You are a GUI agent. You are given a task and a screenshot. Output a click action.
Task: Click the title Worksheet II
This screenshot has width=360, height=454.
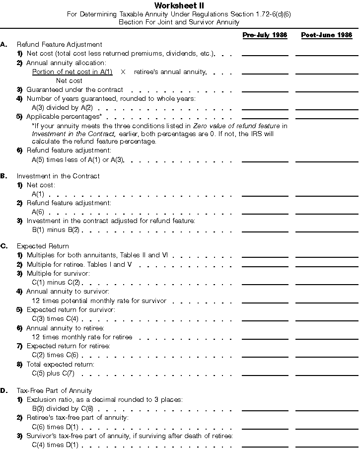click(179, 5)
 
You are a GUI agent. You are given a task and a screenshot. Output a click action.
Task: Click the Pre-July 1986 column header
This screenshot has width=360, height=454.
click(265, 35)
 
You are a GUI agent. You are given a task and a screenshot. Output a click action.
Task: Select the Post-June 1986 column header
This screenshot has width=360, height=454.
click(326, 35)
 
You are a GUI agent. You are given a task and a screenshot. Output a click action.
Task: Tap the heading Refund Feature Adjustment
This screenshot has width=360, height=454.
click(59, 45)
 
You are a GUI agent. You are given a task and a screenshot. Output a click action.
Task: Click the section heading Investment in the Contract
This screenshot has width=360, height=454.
click(58, 176)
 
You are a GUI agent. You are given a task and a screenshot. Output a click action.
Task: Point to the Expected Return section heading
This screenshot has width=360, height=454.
click(43, 246)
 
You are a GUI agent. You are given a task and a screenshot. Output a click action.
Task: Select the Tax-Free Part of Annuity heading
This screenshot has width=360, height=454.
click(54, 390)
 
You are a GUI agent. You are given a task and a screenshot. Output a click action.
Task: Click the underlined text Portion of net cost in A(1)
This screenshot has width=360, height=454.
click(72, 72)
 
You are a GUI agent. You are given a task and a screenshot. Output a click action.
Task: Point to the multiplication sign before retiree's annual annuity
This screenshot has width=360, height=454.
click(123, 72)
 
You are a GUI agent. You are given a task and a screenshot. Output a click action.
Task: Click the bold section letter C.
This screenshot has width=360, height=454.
click(3, 246)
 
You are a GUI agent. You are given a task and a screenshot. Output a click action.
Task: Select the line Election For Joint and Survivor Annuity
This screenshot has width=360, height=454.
click(179, 22)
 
